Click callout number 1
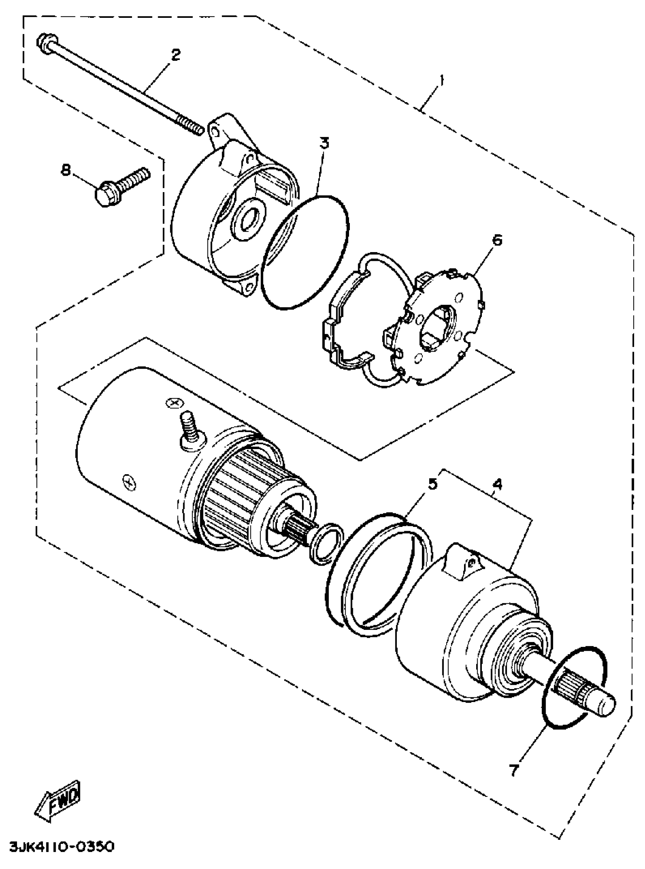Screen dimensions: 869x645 coord(441,81)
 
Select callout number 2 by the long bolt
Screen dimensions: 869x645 coord(176,55)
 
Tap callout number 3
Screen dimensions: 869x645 coord(325,143)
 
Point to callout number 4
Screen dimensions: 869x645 coord(497,485)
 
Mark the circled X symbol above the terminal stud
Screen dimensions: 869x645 coord(173,402)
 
